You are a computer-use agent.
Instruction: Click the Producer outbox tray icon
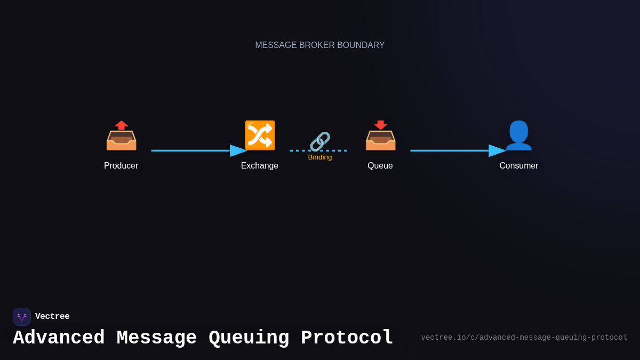[x=121, y=137]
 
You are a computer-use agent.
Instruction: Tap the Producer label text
[x=121, y=166]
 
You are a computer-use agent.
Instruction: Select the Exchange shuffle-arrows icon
[x=260, y=135]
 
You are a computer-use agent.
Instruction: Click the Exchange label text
[x=260, y=166]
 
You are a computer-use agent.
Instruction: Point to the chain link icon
[x=320, y=141]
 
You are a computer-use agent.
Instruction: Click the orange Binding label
[x=320, y=157]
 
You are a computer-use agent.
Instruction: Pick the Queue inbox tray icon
[x=380, y=137]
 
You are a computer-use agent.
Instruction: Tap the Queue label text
[x=380, y=166]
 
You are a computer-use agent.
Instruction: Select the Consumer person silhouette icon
[x=518, y=135]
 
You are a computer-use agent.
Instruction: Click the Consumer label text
[x=518, y=166]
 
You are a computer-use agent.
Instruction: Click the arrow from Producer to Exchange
[x=197, y=150]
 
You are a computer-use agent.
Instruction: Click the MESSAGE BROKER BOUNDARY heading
[x=320, y=45]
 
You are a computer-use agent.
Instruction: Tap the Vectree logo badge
[x=22, y=317]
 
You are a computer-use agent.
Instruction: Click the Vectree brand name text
[x=52, y=317]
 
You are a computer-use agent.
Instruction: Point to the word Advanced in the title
[x=59, y=338]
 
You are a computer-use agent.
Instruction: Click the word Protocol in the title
[x=347, y=338]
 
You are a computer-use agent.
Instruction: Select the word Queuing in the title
[x=249, y=338]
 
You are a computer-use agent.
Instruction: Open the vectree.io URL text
[x=524, y=338]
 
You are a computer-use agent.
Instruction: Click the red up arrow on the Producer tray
[x=122, y=125]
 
